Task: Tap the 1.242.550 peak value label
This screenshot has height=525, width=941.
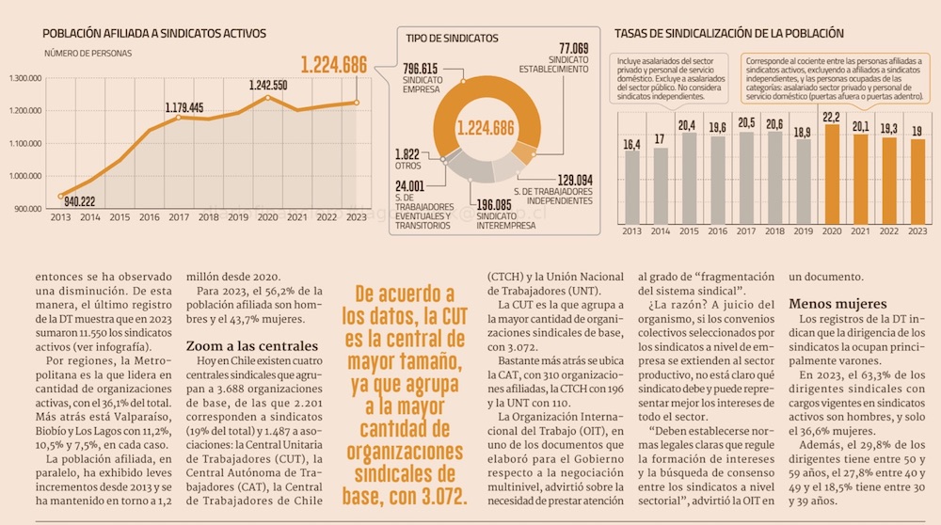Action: click(x=268, y=85)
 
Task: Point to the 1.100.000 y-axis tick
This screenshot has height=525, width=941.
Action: click(x=24, y=143)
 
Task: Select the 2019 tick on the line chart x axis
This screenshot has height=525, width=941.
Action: click(x=238, y=217)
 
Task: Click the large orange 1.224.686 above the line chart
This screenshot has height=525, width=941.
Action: click(x=334, y=65)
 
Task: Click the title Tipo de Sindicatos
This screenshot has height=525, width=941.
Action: click(x=452, y=40)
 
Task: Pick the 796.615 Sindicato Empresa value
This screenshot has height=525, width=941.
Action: click(x=421, y=69)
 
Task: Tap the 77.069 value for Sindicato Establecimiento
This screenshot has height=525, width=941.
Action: click(x=574, y=48)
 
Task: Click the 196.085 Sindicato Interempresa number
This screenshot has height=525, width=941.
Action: click(x=495, y=204)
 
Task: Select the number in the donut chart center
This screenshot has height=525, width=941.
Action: click(x=486, y=129)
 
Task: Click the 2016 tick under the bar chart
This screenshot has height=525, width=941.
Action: click(x=718, y=231)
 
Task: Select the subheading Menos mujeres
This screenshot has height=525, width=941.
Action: click(x=837, y=304)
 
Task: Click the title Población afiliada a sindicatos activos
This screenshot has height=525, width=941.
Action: click(x=154, y=34)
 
